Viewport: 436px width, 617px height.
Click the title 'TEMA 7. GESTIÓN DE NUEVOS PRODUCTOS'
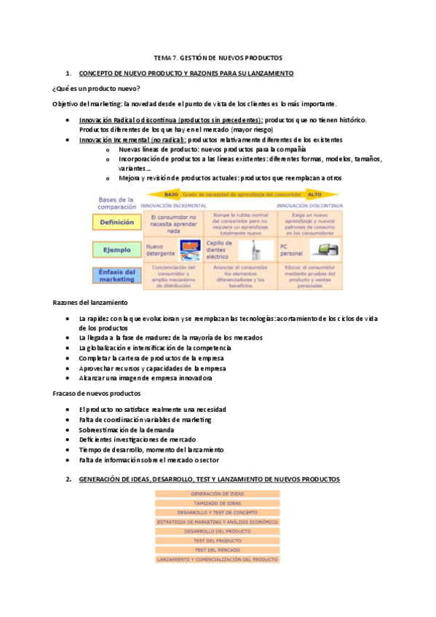click(218, 57)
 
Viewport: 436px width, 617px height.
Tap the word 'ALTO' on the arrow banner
click(314, 195)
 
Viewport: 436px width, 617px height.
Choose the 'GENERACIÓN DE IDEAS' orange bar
click(217, 493)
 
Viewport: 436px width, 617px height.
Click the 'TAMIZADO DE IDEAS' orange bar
click(217, 503)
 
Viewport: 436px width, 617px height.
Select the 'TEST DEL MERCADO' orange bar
click(217, 550)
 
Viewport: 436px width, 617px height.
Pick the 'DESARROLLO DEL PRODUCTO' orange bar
click(217, 531)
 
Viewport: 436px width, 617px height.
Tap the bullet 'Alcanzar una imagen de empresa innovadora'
click(146, 378)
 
